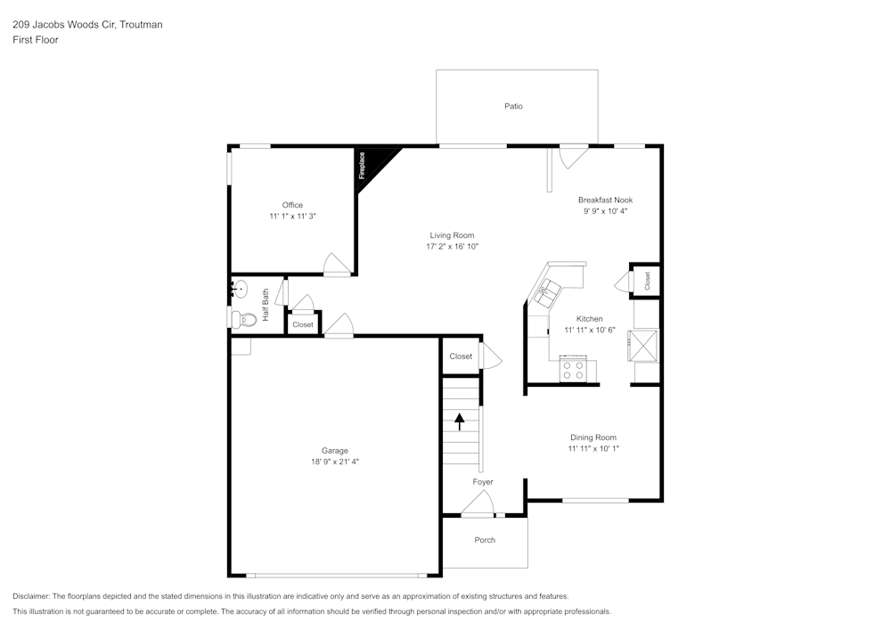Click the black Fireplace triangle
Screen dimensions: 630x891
(x=372, y=161)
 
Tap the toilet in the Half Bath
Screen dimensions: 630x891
(x=239, y=318)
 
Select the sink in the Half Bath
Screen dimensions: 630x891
(x=238, y=289)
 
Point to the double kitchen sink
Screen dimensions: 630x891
(x=547, y=290)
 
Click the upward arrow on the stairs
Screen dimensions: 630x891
(x=461, y=421)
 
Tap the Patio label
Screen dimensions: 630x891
(x=513, y=106)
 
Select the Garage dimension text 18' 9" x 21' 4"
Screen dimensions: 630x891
(x=335, y=462)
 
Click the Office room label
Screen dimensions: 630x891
(x=292, y=205)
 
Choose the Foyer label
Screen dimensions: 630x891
(x=483, y=482)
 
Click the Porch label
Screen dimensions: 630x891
(x=485, y=540)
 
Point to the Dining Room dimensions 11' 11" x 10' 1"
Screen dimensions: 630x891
(x=593, y=449)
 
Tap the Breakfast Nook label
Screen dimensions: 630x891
(x=605, y=200)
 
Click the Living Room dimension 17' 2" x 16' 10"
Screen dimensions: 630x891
(x=453, y=247)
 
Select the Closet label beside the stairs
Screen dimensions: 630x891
(x=461, y=356)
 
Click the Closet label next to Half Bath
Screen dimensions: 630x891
(x=303, y=324)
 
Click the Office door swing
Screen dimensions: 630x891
(x=337, y=265)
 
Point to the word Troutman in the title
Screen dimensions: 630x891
(x=140, y=25)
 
